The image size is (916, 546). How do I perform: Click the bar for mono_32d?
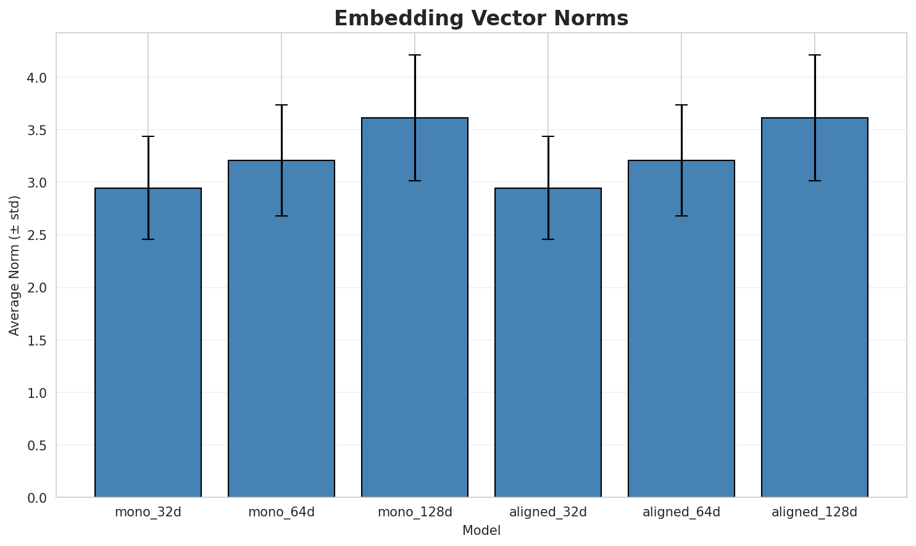pyautogui.click(x=148, y=342)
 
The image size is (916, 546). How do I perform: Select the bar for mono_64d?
pyautogui.click(x=281, y=329)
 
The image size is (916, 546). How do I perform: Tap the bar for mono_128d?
pyautogui.click(x=415, y=307)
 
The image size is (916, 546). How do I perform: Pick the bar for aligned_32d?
pyautogui.click(x=548, y=342)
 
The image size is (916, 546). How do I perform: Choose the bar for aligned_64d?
pyautogui.click(x=681, y=329)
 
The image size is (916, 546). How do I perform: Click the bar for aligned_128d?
pyautogui.click(x=815, y=307)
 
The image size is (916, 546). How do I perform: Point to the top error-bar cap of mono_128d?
pyautogui.click(x=415, y=55)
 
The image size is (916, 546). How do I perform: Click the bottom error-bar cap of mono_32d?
pyautogui.click(x=148, y=239)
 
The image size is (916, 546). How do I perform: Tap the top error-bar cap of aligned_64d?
pyautogui.click(x=681, y=105)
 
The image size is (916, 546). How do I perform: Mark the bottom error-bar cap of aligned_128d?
pyautogui.click(x=815, y=181)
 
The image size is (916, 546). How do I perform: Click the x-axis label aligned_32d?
pyautogui.click(x=548, y=512)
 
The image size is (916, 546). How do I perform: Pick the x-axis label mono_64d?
pyautogui.click(x=281, y=512)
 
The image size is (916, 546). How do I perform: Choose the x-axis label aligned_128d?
pyautogui.click(x=815, y=512)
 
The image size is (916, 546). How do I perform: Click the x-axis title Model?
pyautogui.click(x=481, y=531)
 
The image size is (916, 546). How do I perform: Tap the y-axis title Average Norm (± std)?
pyautogui.click(x=15, y=265)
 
